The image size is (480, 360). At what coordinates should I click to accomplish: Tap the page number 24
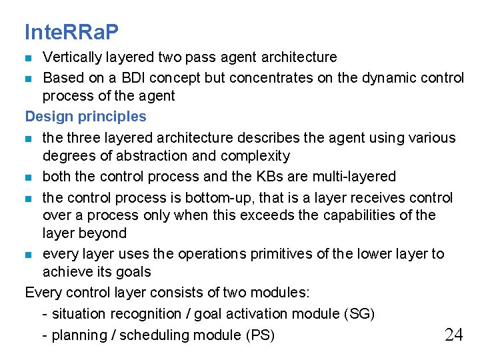(x=453, y=334)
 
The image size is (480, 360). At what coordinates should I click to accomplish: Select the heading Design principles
(x=85, y=117)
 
